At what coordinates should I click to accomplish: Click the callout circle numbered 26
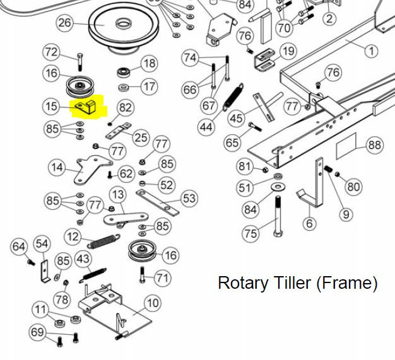[65, 23]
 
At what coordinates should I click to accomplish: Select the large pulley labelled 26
[124, 27]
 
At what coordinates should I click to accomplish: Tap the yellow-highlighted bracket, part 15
[85, 107]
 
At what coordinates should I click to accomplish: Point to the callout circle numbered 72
[51, 52]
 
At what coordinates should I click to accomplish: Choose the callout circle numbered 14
[57, 168]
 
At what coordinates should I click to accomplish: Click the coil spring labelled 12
[103, 241]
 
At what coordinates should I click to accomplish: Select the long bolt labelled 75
[278, 216]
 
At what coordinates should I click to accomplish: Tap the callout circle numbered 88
[375, 145]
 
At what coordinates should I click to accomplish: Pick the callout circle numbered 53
[189, 199]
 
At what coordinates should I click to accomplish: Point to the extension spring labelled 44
[233, 97]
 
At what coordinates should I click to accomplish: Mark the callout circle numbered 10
[153, 303]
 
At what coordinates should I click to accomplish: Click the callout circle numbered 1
[371, 51]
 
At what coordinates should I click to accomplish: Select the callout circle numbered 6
[309, 223]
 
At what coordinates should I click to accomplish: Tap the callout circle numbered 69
[37, 332]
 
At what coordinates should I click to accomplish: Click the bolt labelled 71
[143, 275]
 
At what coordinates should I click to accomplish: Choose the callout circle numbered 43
[83, 259]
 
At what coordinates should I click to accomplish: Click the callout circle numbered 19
[288, 51]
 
